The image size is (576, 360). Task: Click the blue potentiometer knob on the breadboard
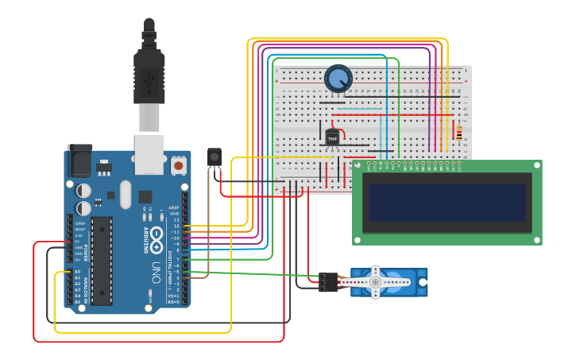click(x=338, y=79)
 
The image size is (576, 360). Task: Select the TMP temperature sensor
click(x=333, y=137)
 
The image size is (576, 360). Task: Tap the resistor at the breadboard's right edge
click(x=459, y=133)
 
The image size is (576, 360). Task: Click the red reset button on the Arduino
click(x=179, y=166)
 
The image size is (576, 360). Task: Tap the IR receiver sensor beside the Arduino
click(x=214, y=157)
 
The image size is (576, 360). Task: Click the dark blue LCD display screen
click(x=447, y=203)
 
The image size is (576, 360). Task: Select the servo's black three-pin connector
click(x=328, y=281)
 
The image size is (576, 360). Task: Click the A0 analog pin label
click(x=77, y=272)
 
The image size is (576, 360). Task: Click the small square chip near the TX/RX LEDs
click(x=145, y=196)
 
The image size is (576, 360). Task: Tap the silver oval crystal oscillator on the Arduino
click(x=125, y=195)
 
